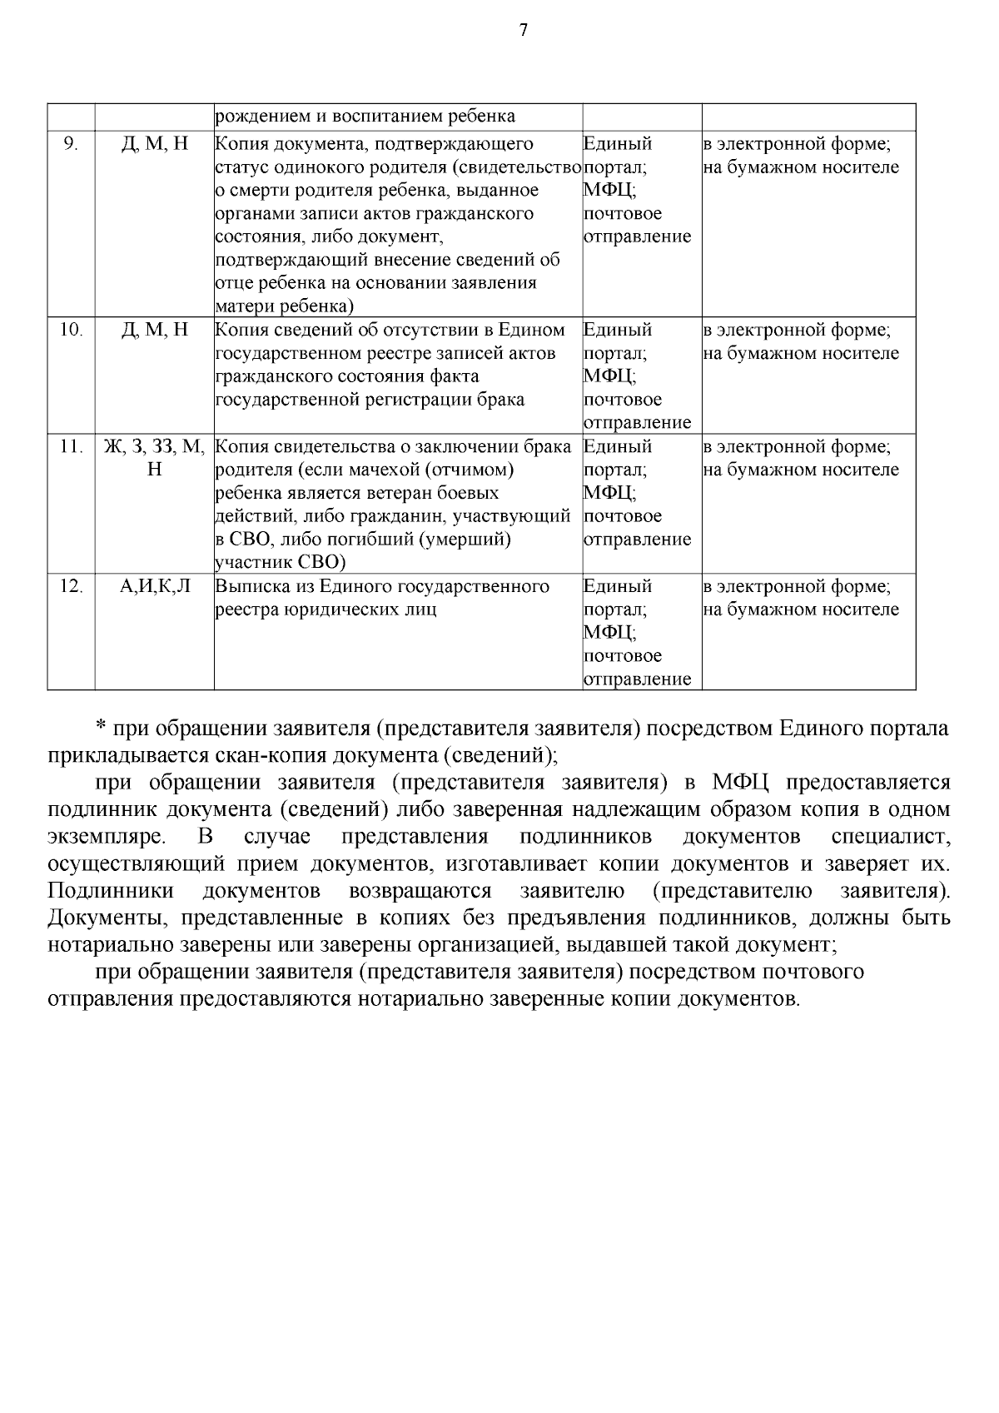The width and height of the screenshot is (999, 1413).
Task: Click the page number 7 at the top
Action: point(523,31)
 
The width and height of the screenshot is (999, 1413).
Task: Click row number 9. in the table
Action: point(71,144)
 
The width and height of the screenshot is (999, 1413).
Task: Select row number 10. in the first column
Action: point(71,331)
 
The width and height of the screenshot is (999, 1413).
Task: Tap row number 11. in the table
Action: point(71,447)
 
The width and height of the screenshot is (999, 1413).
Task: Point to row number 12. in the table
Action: point(71,586)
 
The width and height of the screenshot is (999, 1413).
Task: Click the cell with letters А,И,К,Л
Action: point(155,586)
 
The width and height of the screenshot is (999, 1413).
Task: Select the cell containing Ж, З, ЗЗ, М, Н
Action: point(154,458)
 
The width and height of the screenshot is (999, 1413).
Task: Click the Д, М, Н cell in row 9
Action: point(155,144)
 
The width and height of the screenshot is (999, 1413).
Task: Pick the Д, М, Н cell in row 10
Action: point(155,331)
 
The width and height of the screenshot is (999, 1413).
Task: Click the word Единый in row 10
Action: point(618,331)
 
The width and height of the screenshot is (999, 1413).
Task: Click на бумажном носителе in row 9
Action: point(801,167)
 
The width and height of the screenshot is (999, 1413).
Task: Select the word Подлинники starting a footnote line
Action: point(111,891)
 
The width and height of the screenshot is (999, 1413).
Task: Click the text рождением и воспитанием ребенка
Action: point(365,117)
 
